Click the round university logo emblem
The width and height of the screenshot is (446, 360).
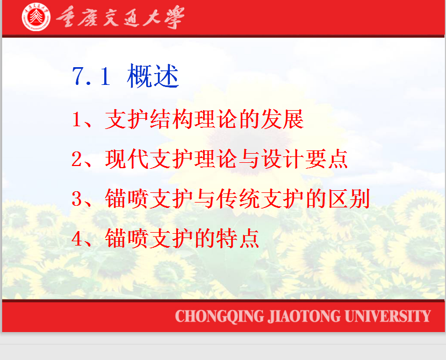[36, 17]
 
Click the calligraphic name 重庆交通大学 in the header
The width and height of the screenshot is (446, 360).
[120, 17]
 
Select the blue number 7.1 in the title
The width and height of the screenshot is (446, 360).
[91, 76]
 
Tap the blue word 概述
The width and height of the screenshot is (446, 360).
[153, 76]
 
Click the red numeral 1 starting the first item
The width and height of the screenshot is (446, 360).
[76, 119]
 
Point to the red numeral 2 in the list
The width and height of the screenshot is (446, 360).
[77, 159]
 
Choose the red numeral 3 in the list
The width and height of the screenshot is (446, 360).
[77, 199]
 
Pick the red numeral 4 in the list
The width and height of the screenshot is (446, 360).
[77, 239]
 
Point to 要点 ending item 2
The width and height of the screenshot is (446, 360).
[327, 159]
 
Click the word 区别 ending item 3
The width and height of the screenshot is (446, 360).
[349, 199]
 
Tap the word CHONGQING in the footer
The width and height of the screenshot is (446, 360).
[220, 316]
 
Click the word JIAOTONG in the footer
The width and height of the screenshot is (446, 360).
[304, 316]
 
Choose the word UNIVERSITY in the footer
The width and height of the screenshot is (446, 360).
[387, 316]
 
